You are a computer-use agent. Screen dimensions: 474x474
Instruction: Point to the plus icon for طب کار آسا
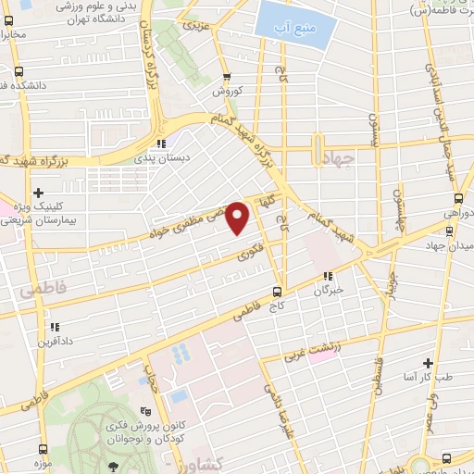[x=428, y=363]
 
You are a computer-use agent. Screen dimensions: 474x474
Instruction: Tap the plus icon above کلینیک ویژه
[x=37, y=192]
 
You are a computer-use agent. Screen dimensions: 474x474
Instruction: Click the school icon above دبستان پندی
[x=163, y=143]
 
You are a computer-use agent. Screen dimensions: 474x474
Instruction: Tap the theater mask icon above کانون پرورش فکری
[x=143, y=412]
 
